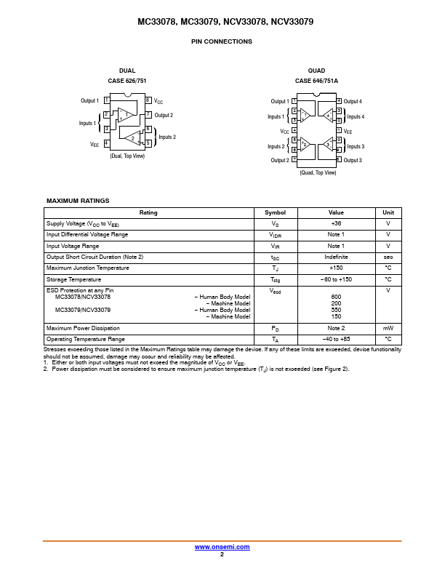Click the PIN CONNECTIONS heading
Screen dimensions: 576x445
coord(222,41)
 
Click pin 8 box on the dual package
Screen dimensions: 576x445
coord(148,100)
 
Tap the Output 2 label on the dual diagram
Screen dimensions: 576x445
coord(164,115)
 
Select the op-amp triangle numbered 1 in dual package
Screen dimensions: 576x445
coord(127,114)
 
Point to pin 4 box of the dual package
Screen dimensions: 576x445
coord(107,143)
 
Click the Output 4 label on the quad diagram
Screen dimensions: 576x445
coord(353,101)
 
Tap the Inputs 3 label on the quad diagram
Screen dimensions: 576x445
coord(356,146)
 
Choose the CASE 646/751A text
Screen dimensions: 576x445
coord(316,81)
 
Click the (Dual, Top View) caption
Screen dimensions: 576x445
coord(127,156)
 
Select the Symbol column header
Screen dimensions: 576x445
coord(275,213)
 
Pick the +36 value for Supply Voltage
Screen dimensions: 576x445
coord(336,224)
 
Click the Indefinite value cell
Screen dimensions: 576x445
coord(336,257)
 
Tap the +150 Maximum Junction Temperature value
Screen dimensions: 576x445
coord(336,268)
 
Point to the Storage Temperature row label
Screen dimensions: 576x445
coord(73,279)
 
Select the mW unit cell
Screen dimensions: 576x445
coord(388,329)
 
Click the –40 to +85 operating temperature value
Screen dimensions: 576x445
coord(336,340)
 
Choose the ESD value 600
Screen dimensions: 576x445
coord(336,297)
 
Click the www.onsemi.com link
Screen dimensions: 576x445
coord(222,547)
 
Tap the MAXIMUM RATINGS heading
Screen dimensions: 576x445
coord(78,201)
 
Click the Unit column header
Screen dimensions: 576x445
coord(388,213)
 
